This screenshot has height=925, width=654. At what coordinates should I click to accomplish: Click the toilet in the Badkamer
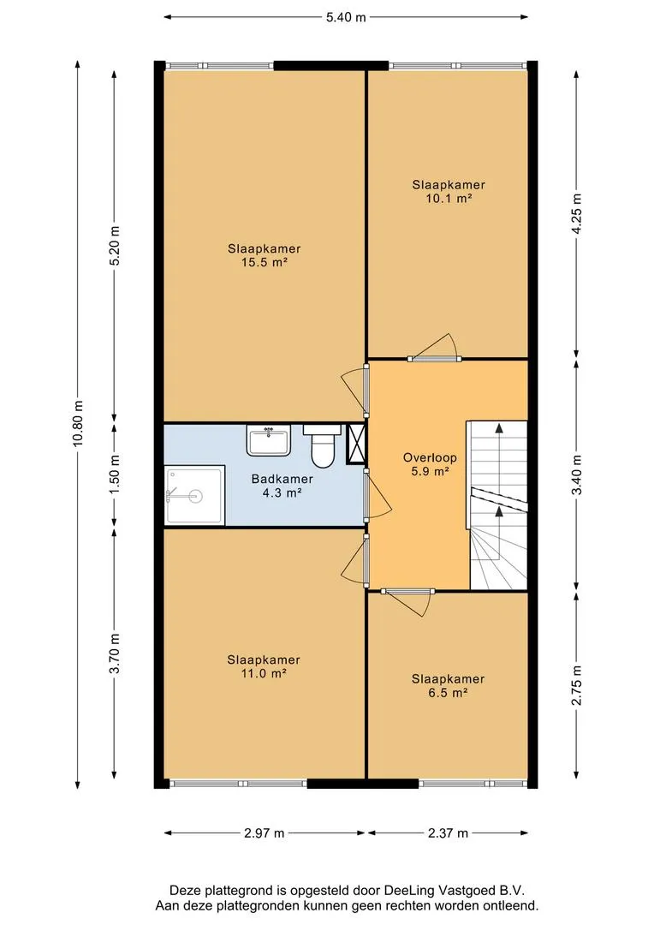click(x=322, y=445)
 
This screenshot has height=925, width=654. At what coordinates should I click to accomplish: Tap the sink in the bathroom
click(x=268, y=441)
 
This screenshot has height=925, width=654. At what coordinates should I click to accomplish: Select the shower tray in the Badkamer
click(x=194, y=494)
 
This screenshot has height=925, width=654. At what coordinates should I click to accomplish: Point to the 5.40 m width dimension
click(x=346, y=17)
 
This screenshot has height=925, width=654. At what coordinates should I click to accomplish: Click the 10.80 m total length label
click(x=78, y=424)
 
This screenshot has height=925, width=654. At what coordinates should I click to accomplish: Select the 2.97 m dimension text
click(x=265, y=833)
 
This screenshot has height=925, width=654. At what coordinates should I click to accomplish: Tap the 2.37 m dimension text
click(x=449, y=833)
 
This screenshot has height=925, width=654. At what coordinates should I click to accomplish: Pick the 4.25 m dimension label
click(x=577, y=213)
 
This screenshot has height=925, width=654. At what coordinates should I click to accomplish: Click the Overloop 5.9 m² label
click(x=430, y=464)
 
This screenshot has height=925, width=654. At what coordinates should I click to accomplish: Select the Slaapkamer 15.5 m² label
click(x=265, y=255)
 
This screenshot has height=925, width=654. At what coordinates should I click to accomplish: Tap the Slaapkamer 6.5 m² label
click(x=449, y=685)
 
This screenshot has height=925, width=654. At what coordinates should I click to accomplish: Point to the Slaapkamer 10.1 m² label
click(x=449, y=191)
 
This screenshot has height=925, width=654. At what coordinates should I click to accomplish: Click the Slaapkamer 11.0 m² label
click(x=264, y=666)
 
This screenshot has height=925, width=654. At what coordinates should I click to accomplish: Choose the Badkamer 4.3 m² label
click(x=282, y=486)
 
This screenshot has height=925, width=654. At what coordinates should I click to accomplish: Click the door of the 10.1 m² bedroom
click(x=435, y=348)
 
